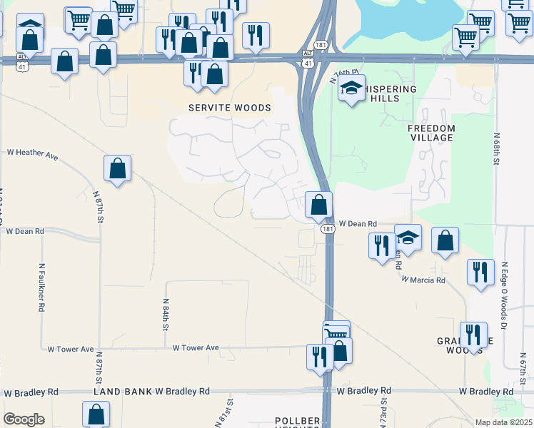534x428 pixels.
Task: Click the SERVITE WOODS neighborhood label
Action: [229, 108]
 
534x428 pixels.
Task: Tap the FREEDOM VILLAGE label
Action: [430, 133]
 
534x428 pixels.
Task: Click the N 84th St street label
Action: [165, 315]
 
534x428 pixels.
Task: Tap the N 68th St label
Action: [496, 148]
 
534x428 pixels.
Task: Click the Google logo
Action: [24, 419]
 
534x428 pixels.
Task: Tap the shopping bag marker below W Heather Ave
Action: [117, 170]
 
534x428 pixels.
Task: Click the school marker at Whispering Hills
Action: [351, 89]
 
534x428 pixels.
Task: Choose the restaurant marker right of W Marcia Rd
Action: [480, 273]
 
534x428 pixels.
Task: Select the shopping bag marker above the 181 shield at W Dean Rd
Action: [318, 205]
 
